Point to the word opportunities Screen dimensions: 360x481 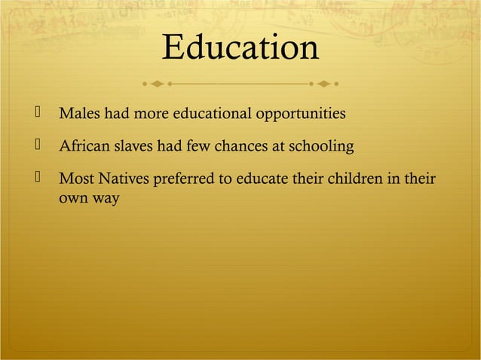click(x=302, y=114)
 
